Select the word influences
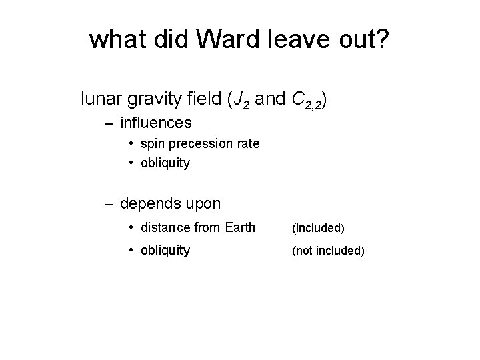[156, 123]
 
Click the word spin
[153, 144]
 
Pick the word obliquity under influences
[165, 163]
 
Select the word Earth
[239, 227]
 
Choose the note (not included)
[328, 251]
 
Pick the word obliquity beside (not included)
[165, 250]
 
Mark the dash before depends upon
[109, 202]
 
